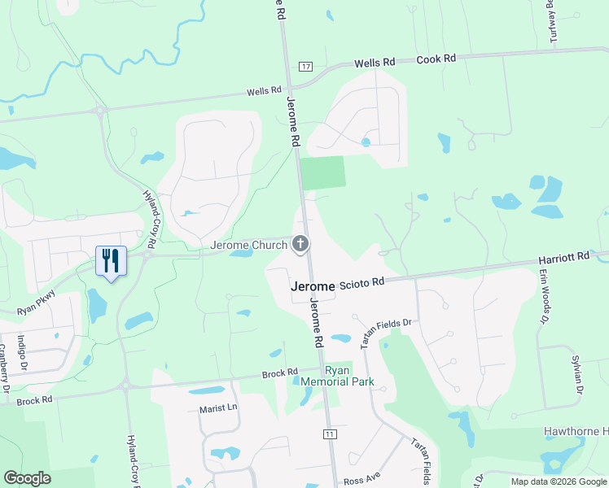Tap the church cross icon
300,243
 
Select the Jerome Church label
248,245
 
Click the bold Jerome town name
313,287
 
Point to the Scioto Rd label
361,283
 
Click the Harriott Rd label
563,258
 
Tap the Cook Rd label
436,59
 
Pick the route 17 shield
305,66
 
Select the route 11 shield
330,434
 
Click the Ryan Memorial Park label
325,376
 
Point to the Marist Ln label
217,408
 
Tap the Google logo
27,478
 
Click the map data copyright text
559,481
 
